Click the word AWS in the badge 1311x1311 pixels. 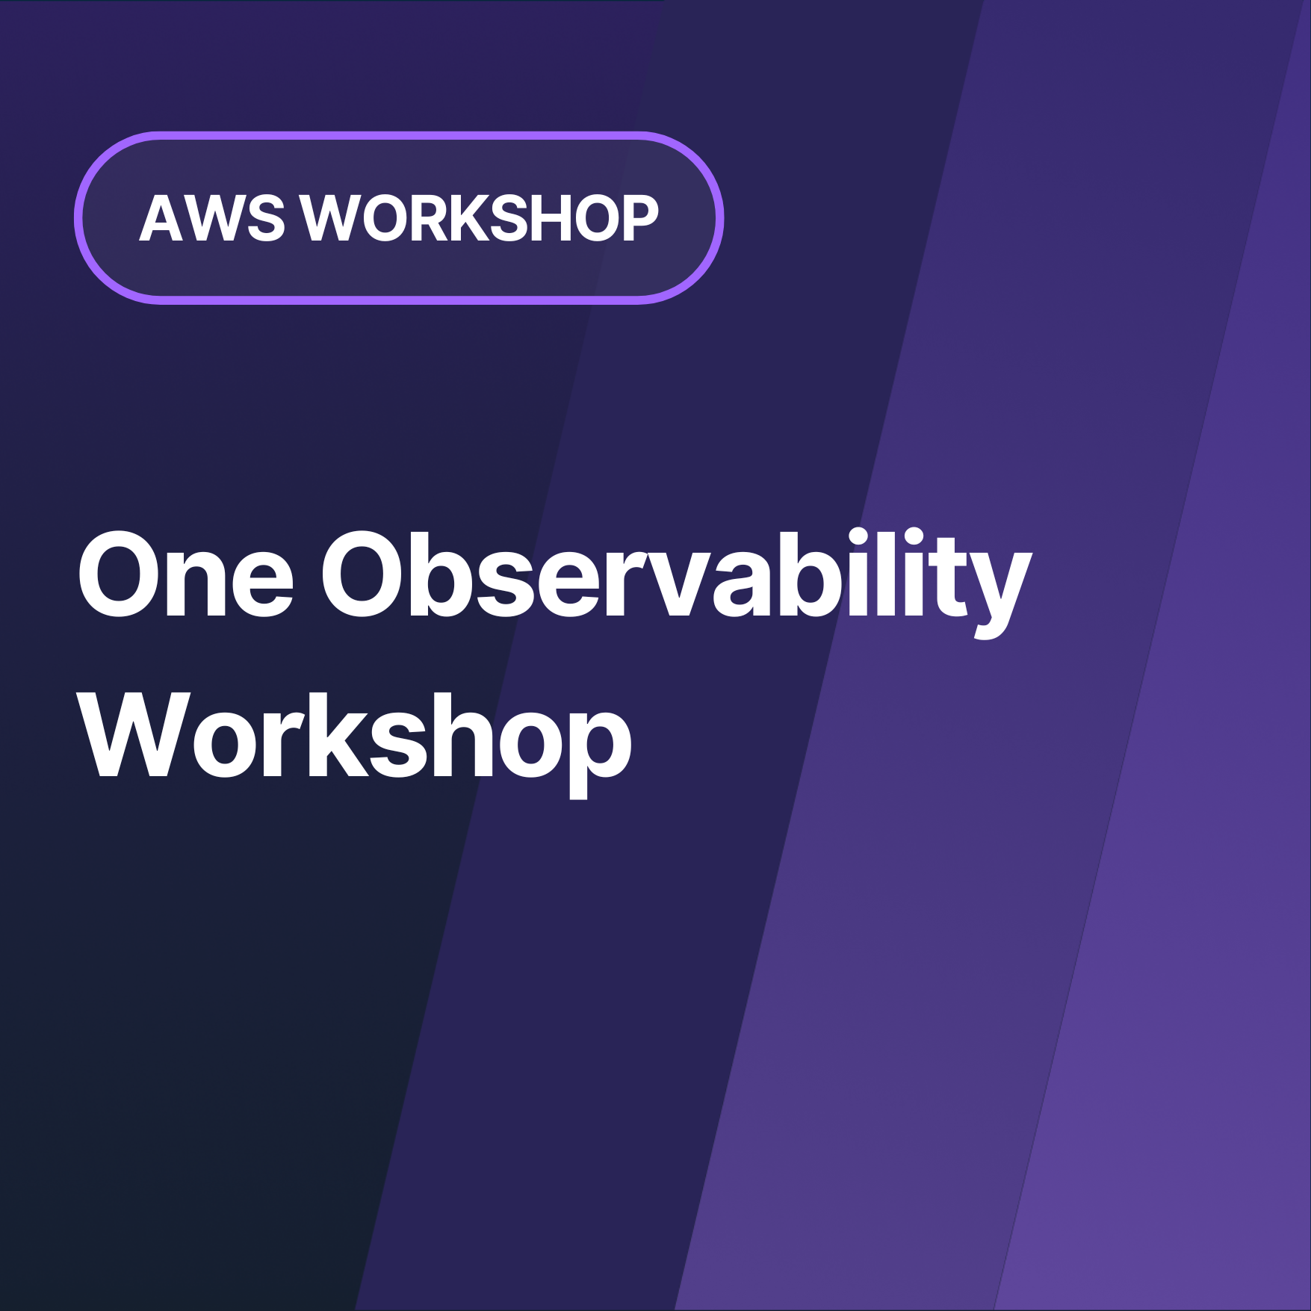211,218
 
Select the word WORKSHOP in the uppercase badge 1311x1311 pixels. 480,218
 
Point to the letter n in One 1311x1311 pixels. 196,583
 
